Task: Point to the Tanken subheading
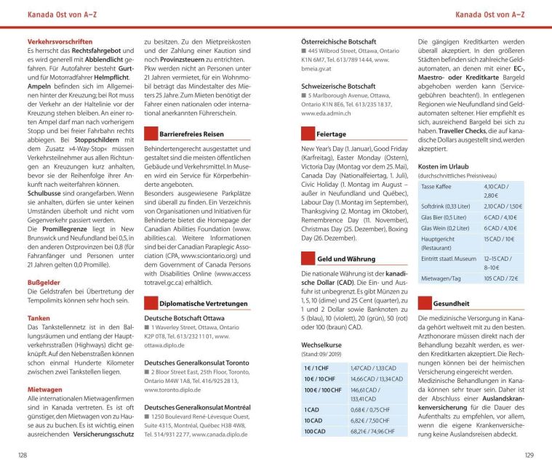coord(39,318)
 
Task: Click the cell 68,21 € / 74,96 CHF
coord(372,431)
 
